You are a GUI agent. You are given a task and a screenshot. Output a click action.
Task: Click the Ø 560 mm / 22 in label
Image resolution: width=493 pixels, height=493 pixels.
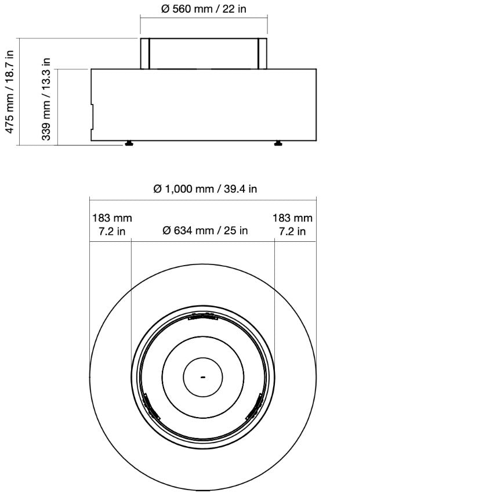pyautogui.click(x=204, y=10)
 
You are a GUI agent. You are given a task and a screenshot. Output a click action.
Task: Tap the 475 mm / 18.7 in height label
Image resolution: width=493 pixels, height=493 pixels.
pyautogui.click(x=10, y=92)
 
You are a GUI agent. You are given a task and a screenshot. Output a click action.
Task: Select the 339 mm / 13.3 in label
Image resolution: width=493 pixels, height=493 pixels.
pyautogui.click(x=47, y=99)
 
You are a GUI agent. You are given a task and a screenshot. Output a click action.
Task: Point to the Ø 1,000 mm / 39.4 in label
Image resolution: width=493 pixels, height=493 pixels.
pyautogui.click(x=205, y=189)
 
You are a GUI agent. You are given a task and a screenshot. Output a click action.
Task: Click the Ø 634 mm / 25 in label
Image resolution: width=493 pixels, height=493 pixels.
pyautogui.click(x=205, y=231)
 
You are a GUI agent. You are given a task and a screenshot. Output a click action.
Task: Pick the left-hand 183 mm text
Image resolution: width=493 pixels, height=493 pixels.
pyautogui.click(x=112, y=218)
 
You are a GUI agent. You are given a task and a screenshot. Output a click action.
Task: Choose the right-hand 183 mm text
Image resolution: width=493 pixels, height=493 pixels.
pyautogui.click(x=293, y=218)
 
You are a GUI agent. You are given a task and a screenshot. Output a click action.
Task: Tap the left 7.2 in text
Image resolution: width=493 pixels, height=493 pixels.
pyautogui.click(x=112, y=231)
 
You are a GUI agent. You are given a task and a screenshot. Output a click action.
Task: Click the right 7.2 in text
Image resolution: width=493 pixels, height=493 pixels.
pyautogui.click(x=293, y=231)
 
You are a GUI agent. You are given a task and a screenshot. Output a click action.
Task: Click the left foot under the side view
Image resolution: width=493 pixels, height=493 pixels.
pyautogui.click(x=128, y=143)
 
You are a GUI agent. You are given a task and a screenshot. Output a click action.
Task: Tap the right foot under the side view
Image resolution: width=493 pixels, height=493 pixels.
pyautogui.click(x=279, y=143)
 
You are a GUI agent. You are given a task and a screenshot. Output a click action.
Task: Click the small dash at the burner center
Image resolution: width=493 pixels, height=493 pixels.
pyautogui.click(x=203, y=377)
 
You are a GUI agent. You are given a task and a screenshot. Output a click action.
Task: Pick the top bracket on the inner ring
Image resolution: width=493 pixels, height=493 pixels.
pyautogui.click(x=203, y=317)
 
